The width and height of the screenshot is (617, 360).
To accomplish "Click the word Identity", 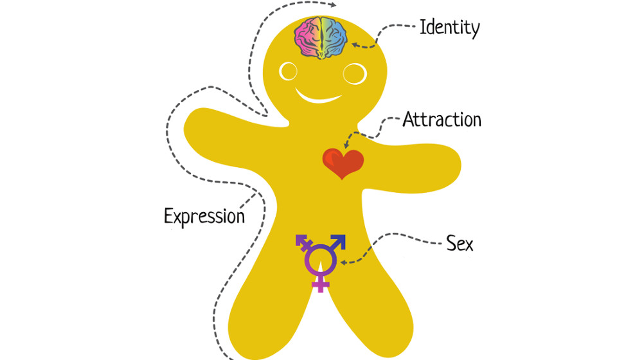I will [x=449, y=28].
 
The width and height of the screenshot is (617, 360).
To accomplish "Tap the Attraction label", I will [x=442, y=120].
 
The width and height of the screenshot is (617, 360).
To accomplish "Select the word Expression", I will [x=204, y=215].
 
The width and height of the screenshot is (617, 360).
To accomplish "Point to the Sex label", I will [x=460, y=244].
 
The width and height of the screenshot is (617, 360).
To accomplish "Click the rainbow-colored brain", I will [x=321, y=38].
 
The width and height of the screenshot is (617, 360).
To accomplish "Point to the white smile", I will [x=318, y=98].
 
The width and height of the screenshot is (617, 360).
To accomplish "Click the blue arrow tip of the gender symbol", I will [x=340, y=240].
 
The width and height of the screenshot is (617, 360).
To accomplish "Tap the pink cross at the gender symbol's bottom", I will [x=320, y=283].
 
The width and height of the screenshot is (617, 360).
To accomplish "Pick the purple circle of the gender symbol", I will [x=319, y=260].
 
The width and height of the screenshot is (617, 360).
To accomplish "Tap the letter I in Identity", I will [x=423, y=28].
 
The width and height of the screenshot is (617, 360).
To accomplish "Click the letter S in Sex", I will [x=451, y=244].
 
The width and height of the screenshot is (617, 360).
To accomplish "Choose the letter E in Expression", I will [x=169, y=215].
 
